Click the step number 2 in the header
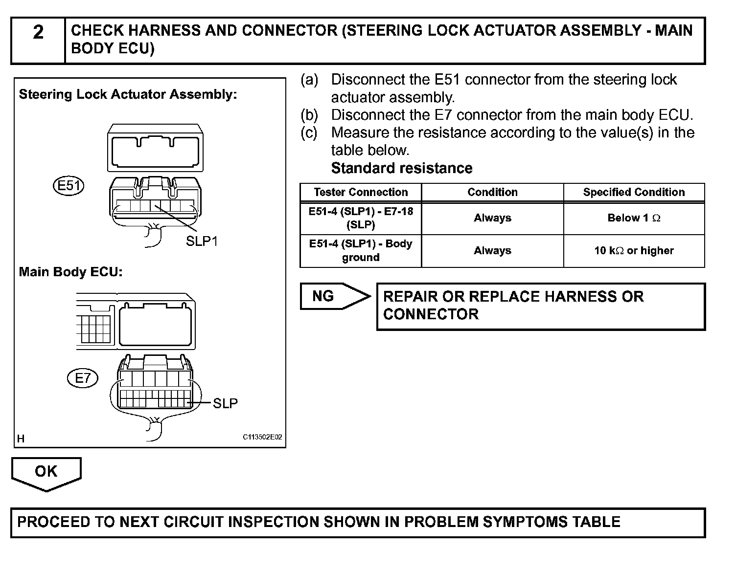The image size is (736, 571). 38,33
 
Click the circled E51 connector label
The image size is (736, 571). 68,186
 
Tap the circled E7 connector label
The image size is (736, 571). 83,378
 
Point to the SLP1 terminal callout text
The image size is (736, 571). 202,241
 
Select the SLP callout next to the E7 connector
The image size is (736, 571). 225,403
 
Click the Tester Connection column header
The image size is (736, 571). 361,192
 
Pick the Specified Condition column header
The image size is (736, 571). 634,192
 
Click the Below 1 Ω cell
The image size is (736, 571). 634,218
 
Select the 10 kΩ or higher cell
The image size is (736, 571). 634,251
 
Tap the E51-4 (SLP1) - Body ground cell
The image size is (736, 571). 361,251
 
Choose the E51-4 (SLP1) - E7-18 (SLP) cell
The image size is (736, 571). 361,218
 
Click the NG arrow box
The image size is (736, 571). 333,296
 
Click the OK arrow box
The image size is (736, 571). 46,472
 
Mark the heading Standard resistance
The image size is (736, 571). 401,168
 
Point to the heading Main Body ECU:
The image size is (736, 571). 70,272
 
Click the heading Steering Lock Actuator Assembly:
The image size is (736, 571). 128,94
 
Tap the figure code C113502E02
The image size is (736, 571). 262,437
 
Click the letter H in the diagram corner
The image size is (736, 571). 21,439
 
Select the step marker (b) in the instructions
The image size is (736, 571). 309,115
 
